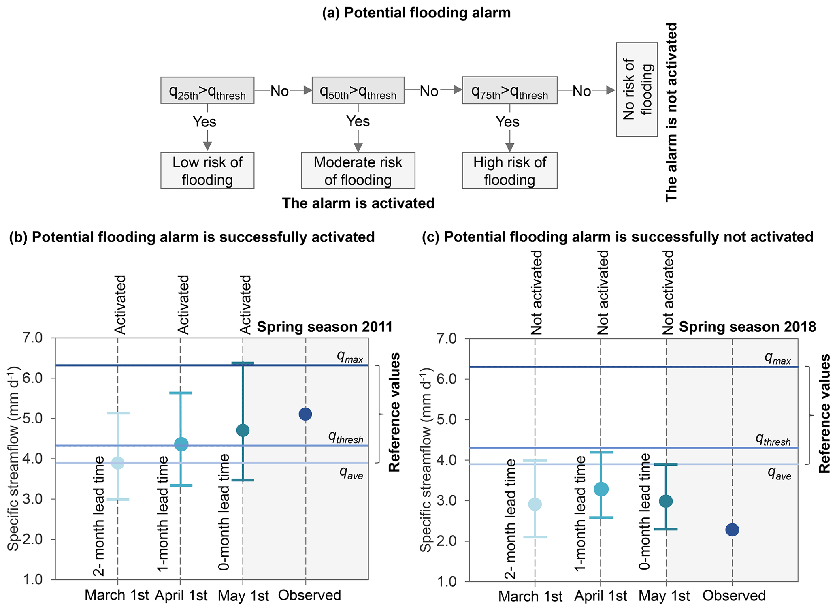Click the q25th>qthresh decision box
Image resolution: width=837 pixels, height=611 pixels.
tap(207, 90)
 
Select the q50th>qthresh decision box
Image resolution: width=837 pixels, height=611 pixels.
tap(358, 90)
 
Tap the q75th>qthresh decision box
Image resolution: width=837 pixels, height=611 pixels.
tap(509, 90)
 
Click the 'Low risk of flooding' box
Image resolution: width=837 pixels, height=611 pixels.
tap(207, 171)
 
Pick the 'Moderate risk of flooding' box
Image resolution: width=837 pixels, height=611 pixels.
tap(358, 171)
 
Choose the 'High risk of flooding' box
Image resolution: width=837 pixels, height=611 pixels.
tap(509, 171)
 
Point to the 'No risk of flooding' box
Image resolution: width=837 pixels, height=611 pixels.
tap(637, 90)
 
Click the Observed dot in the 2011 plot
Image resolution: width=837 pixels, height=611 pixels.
tap(305, 414)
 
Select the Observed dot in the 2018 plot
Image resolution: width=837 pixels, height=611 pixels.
tap(732, 530)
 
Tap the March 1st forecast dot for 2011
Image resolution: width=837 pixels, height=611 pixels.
tap(117, 463)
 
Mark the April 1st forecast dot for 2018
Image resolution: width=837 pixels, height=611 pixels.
tap(601, 489)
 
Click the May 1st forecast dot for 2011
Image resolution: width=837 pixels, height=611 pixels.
tap(243, 430)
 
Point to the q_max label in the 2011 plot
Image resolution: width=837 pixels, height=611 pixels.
tap(350, 357)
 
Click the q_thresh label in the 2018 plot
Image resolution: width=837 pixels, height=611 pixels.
tap(773, 440)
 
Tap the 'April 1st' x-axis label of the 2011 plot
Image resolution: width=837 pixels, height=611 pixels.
tap(181, 596)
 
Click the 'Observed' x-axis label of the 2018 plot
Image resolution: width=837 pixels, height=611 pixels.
tap(734, 596)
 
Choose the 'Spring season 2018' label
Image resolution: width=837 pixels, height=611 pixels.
tap(747, 327)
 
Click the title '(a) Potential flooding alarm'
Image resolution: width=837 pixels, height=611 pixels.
tap(416, 13)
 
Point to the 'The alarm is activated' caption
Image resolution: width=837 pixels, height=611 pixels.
tap(358, 203)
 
